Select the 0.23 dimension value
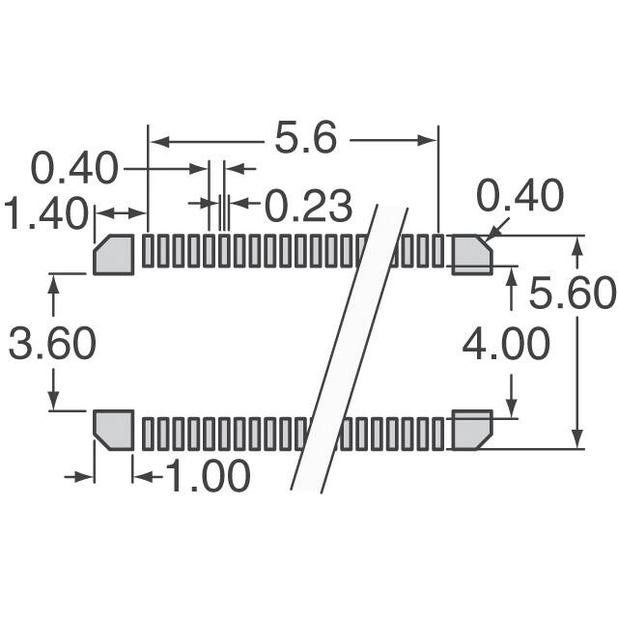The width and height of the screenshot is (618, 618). pyautogui.click(x=308, y=206)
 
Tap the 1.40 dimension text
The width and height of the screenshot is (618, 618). pyautogui.click(x=44, y=213)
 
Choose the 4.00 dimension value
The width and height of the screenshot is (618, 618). pyautogui.click(x=505, y=344)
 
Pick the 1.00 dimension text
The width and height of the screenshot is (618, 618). pyautogui.click(x=208, y=476)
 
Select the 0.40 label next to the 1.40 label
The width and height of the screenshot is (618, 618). pyautogui.click(x=74, y=169)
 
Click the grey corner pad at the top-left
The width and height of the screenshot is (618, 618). pyautogui.click(x=114, y=255)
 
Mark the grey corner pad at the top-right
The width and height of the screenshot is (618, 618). pyautogui.click(x=471, y=254)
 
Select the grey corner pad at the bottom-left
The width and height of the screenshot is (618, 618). pyautogui.click(x=113, y=430)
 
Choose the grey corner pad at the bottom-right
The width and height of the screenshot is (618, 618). pyautogui.click(x=471, y=430)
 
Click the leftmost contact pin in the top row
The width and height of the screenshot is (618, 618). pyautogui.click(x=148, y=250)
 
